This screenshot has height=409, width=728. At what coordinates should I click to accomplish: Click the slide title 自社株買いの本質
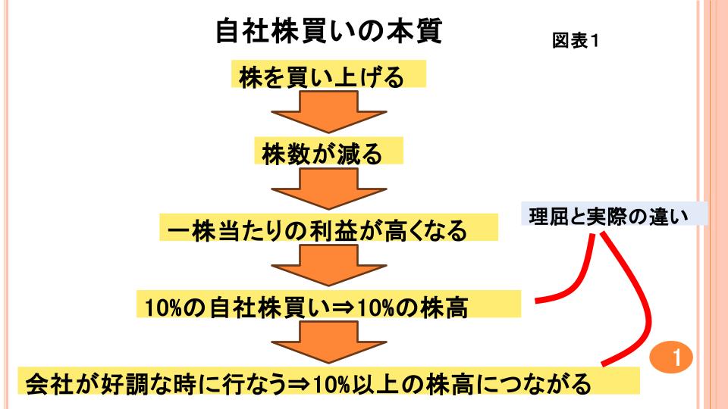click(x=328, y=31)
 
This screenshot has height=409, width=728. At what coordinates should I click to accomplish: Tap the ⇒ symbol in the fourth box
click(x=340, y=306)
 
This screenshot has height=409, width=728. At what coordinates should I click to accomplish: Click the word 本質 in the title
click(x=415, y=31)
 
